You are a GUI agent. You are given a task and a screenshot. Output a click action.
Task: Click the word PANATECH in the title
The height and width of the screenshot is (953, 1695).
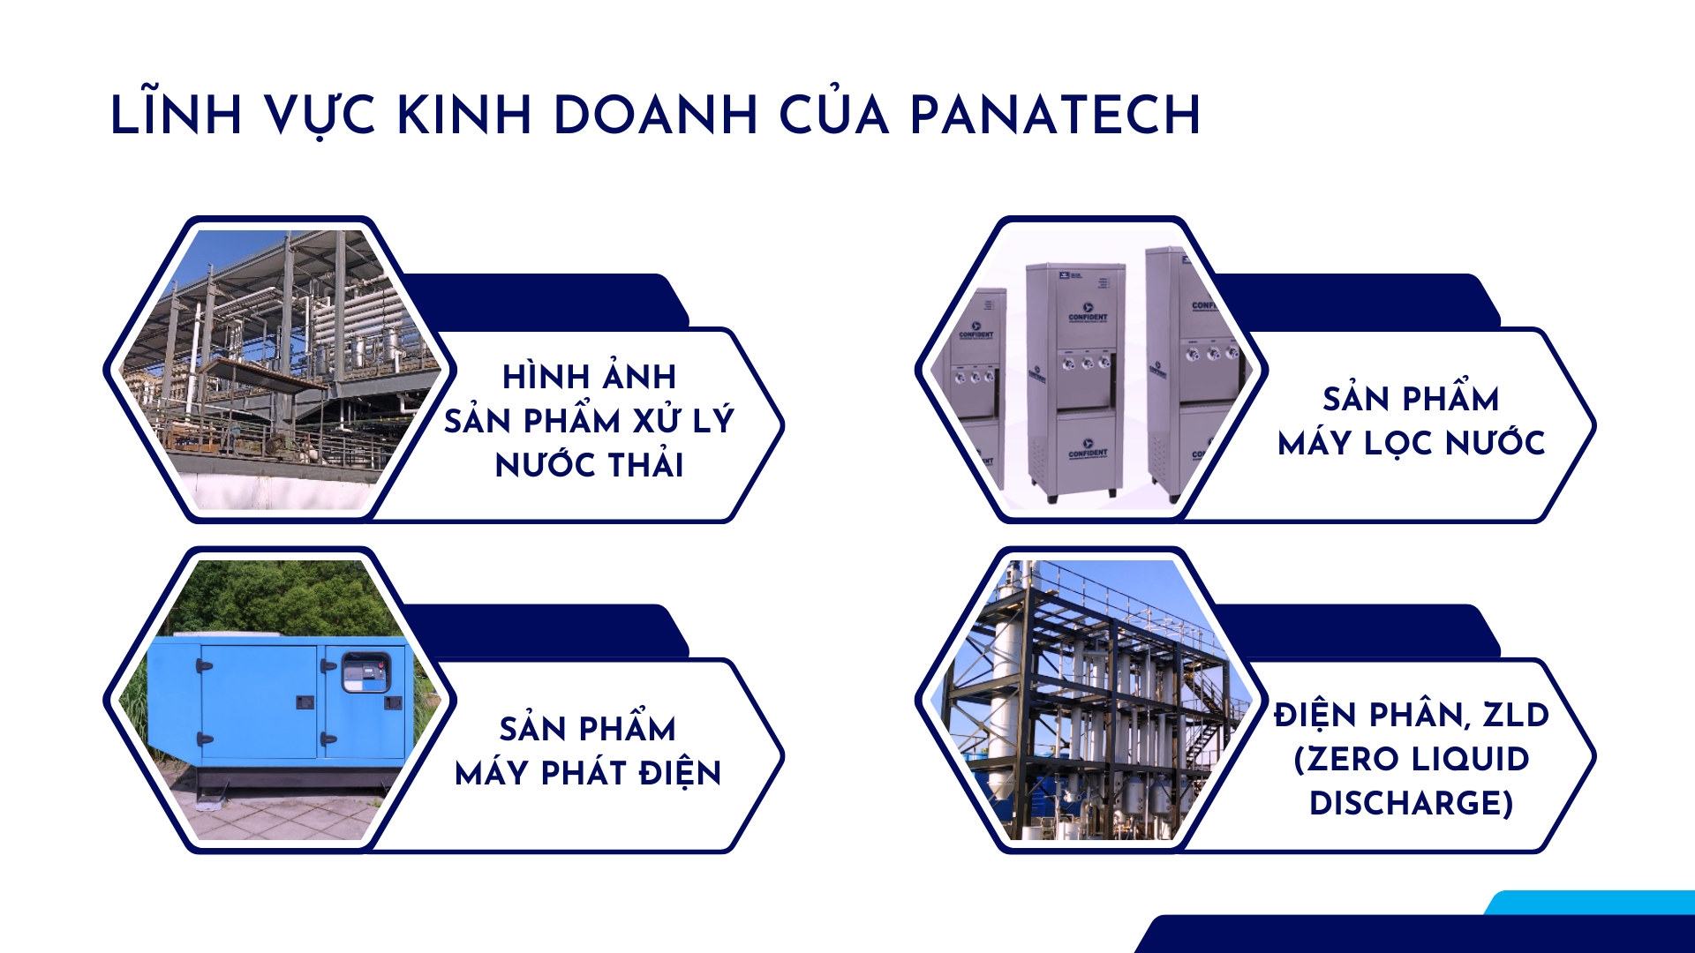[x=1055, y=115]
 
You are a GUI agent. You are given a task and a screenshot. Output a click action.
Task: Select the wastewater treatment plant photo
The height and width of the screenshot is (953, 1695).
[x=280, y=369]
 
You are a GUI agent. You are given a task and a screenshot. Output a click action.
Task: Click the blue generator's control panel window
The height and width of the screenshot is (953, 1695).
[x=365, y=672]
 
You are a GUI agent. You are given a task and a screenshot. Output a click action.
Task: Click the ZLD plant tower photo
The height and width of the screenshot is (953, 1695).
[x=1091, y=700]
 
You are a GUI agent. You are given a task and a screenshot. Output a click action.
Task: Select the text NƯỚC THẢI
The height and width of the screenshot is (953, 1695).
[x=590, y=465]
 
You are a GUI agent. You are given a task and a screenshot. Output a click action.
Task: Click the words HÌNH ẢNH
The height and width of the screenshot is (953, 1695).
[x=590, y=377]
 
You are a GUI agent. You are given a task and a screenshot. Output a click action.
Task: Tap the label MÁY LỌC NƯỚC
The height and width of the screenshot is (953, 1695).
[x=1411, y=443]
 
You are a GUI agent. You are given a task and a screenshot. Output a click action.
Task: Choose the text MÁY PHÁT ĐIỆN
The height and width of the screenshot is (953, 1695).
[x=588, y=773]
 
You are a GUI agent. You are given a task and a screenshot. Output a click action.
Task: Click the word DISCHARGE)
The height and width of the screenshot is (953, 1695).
[x=1411, y=803]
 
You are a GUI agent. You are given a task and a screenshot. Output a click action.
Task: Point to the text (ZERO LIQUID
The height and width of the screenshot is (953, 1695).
[x=1411, y=759]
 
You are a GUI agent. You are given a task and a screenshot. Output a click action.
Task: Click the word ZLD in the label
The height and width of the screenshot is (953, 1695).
[x=1515, y=715]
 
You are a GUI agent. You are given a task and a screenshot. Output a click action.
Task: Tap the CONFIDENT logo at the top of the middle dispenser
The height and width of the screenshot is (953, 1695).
[x=1088, y=314]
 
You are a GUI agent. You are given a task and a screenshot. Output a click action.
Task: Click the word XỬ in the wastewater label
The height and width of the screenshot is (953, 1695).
[x=658, y=420]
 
